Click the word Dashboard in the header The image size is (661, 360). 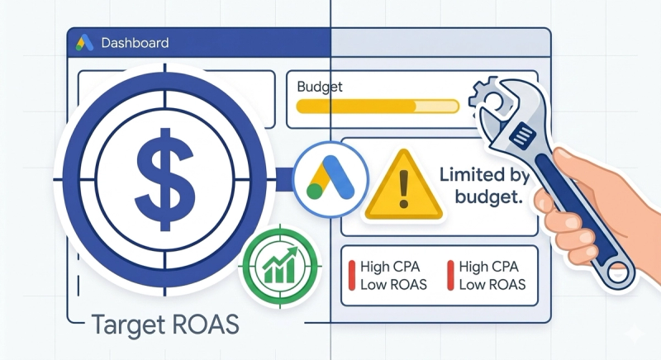tap(135, 43)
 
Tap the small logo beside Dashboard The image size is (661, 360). tap(84, 43)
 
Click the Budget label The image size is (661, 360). tap(319, 86)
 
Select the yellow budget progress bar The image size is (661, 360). tap(377, 106)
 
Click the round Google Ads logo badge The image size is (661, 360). tap(330, 178)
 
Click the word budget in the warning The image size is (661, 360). tap(488, 197)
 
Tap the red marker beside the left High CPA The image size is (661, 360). tap(353, 275)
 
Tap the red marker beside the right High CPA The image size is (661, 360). tap(449, 275)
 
